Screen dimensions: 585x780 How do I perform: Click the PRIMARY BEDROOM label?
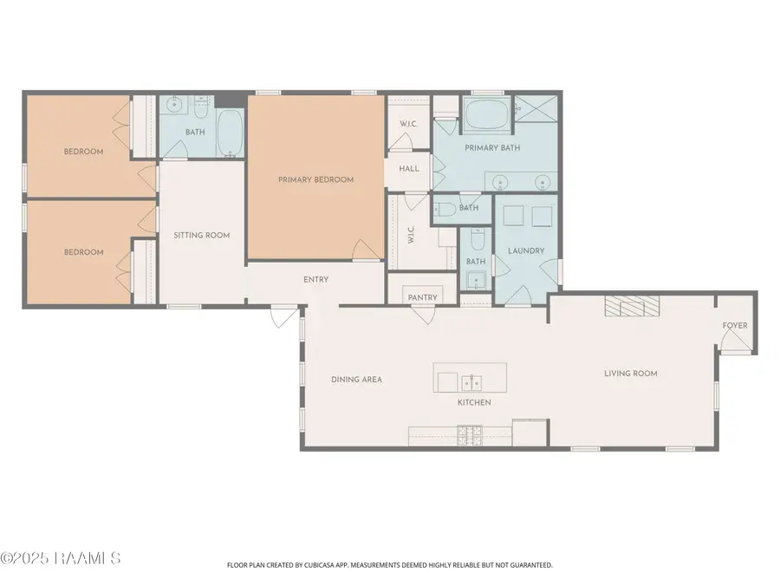315,179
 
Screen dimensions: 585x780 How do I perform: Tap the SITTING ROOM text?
201,235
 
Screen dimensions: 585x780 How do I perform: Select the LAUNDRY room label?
527,251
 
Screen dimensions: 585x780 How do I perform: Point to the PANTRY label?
422,297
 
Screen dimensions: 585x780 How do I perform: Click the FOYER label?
735,326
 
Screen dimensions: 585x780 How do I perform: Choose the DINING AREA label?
356,380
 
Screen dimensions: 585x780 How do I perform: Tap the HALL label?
409,168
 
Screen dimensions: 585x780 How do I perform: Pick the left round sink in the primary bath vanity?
501,182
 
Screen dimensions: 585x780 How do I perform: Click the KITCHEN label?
474,402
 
